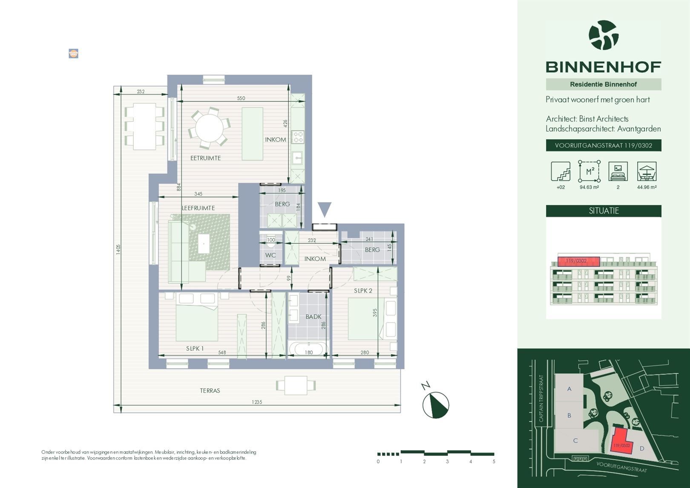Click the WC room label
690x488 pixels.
tap(270, 255)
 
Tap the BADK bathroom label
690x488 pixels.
tap(313, 317)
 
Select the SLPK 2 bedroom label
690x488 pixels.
tap(363, 291)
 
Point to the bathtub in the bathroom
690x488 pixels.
tap(309, 349)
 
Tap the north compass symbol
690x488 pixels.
tap(435, 404)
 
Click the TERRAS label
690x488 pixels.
tap(210, 390)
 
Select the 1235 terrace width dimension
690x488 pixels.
tap(257, 402)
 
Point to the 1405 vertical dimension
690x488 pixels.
tap(118, 249)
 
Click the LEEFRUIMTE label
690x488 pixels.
tap(198, 208)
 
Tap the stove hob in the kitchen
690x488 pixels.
tap(298, 137)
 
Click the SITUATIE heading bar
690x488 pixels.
tap(604, 211)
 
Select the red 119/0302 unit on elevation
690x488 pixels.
tap(578, 261)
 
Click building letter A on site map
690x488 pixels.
tap(569, 389)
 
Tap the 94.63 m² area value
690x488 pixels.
tap(589, 187)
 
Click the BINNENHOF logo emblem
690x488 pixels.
tap(604, 35)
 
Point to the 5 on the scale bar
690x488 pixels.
tap(494, 462)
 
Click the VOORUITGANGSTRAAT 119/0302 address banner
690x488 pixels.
tap(604, 145)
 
